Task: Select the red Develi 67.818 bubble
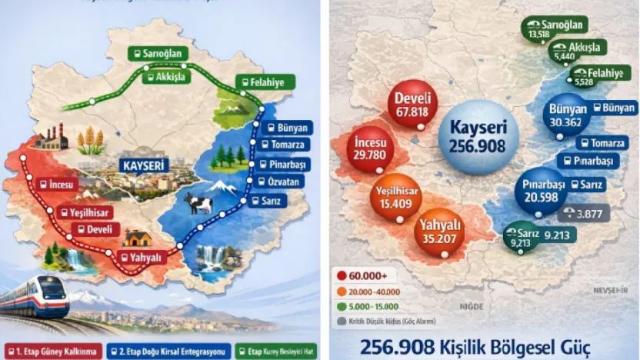(412, 105)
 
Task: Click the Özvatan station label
(281, 182)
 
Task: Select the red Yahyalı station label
(143, 258)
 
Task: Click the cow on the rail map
(198, 204)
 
